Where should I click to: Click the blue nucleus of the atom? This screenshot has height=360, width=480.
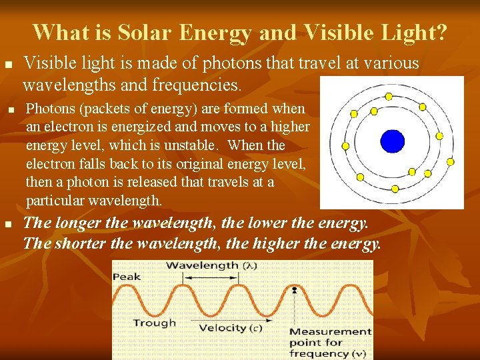[392, 141]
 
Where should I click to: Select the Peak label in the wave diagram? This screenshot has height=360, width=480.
[126, 276]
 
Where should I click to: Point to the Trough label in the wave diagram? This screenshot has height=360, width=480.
[155, 323]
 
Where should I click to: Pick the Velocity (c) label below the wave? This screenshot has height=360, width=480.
[231, 327]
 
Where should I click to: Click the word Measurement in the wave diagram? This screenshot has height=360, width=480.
[330, 331]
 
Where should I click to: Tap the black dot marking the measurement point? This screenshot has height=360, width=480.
[294, 290]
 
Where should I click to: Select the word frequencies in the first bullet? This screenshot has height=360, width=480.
[192, 85]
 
